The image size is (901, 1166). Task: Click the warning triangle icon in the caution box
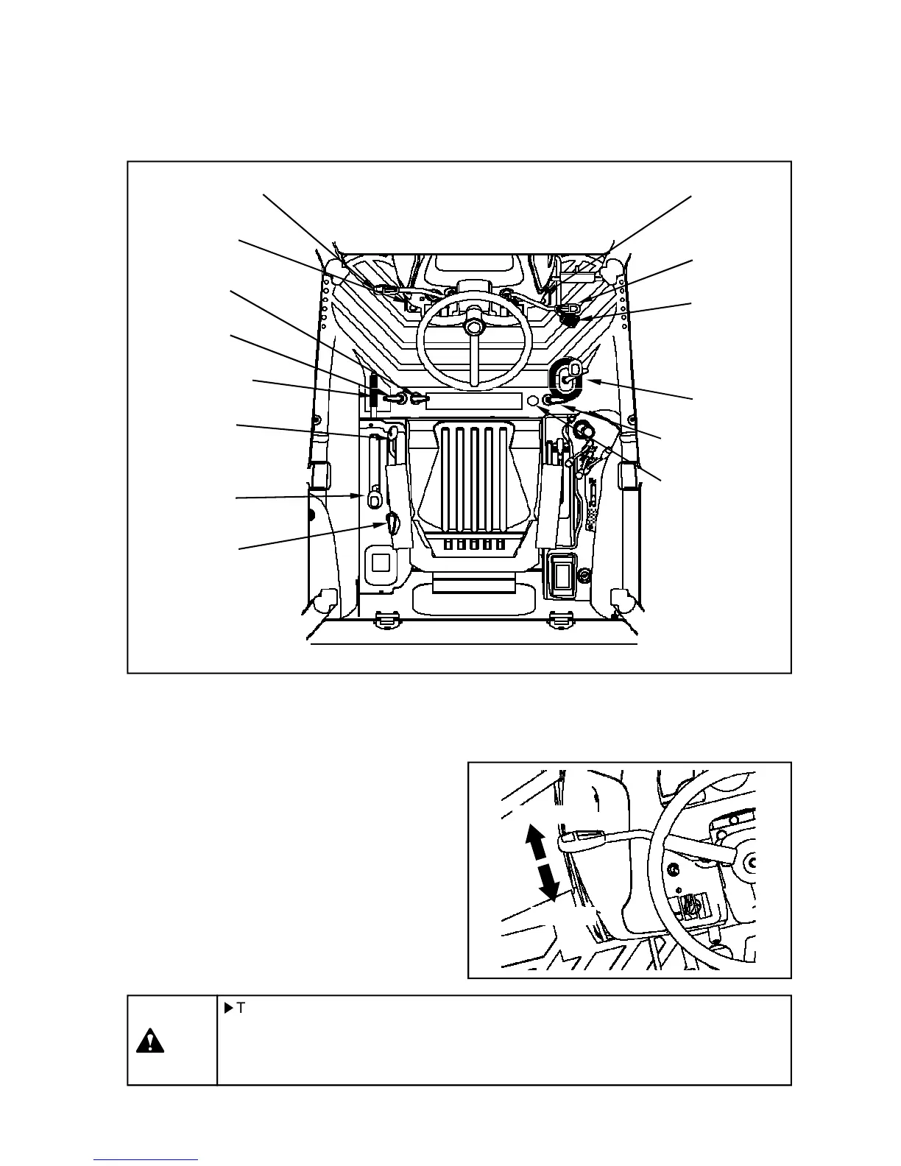[x=150, y=1042]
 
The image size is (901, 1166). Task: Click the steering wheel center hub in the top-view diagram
[x=474, y=325]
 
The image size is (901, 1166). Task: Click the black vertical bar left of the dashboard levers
[x=372, y=392]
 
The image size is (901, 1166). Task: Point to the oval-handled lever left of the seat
[x=374, y=498]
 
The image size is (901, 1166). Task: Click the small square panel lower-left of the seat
[x=380, y=563]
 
